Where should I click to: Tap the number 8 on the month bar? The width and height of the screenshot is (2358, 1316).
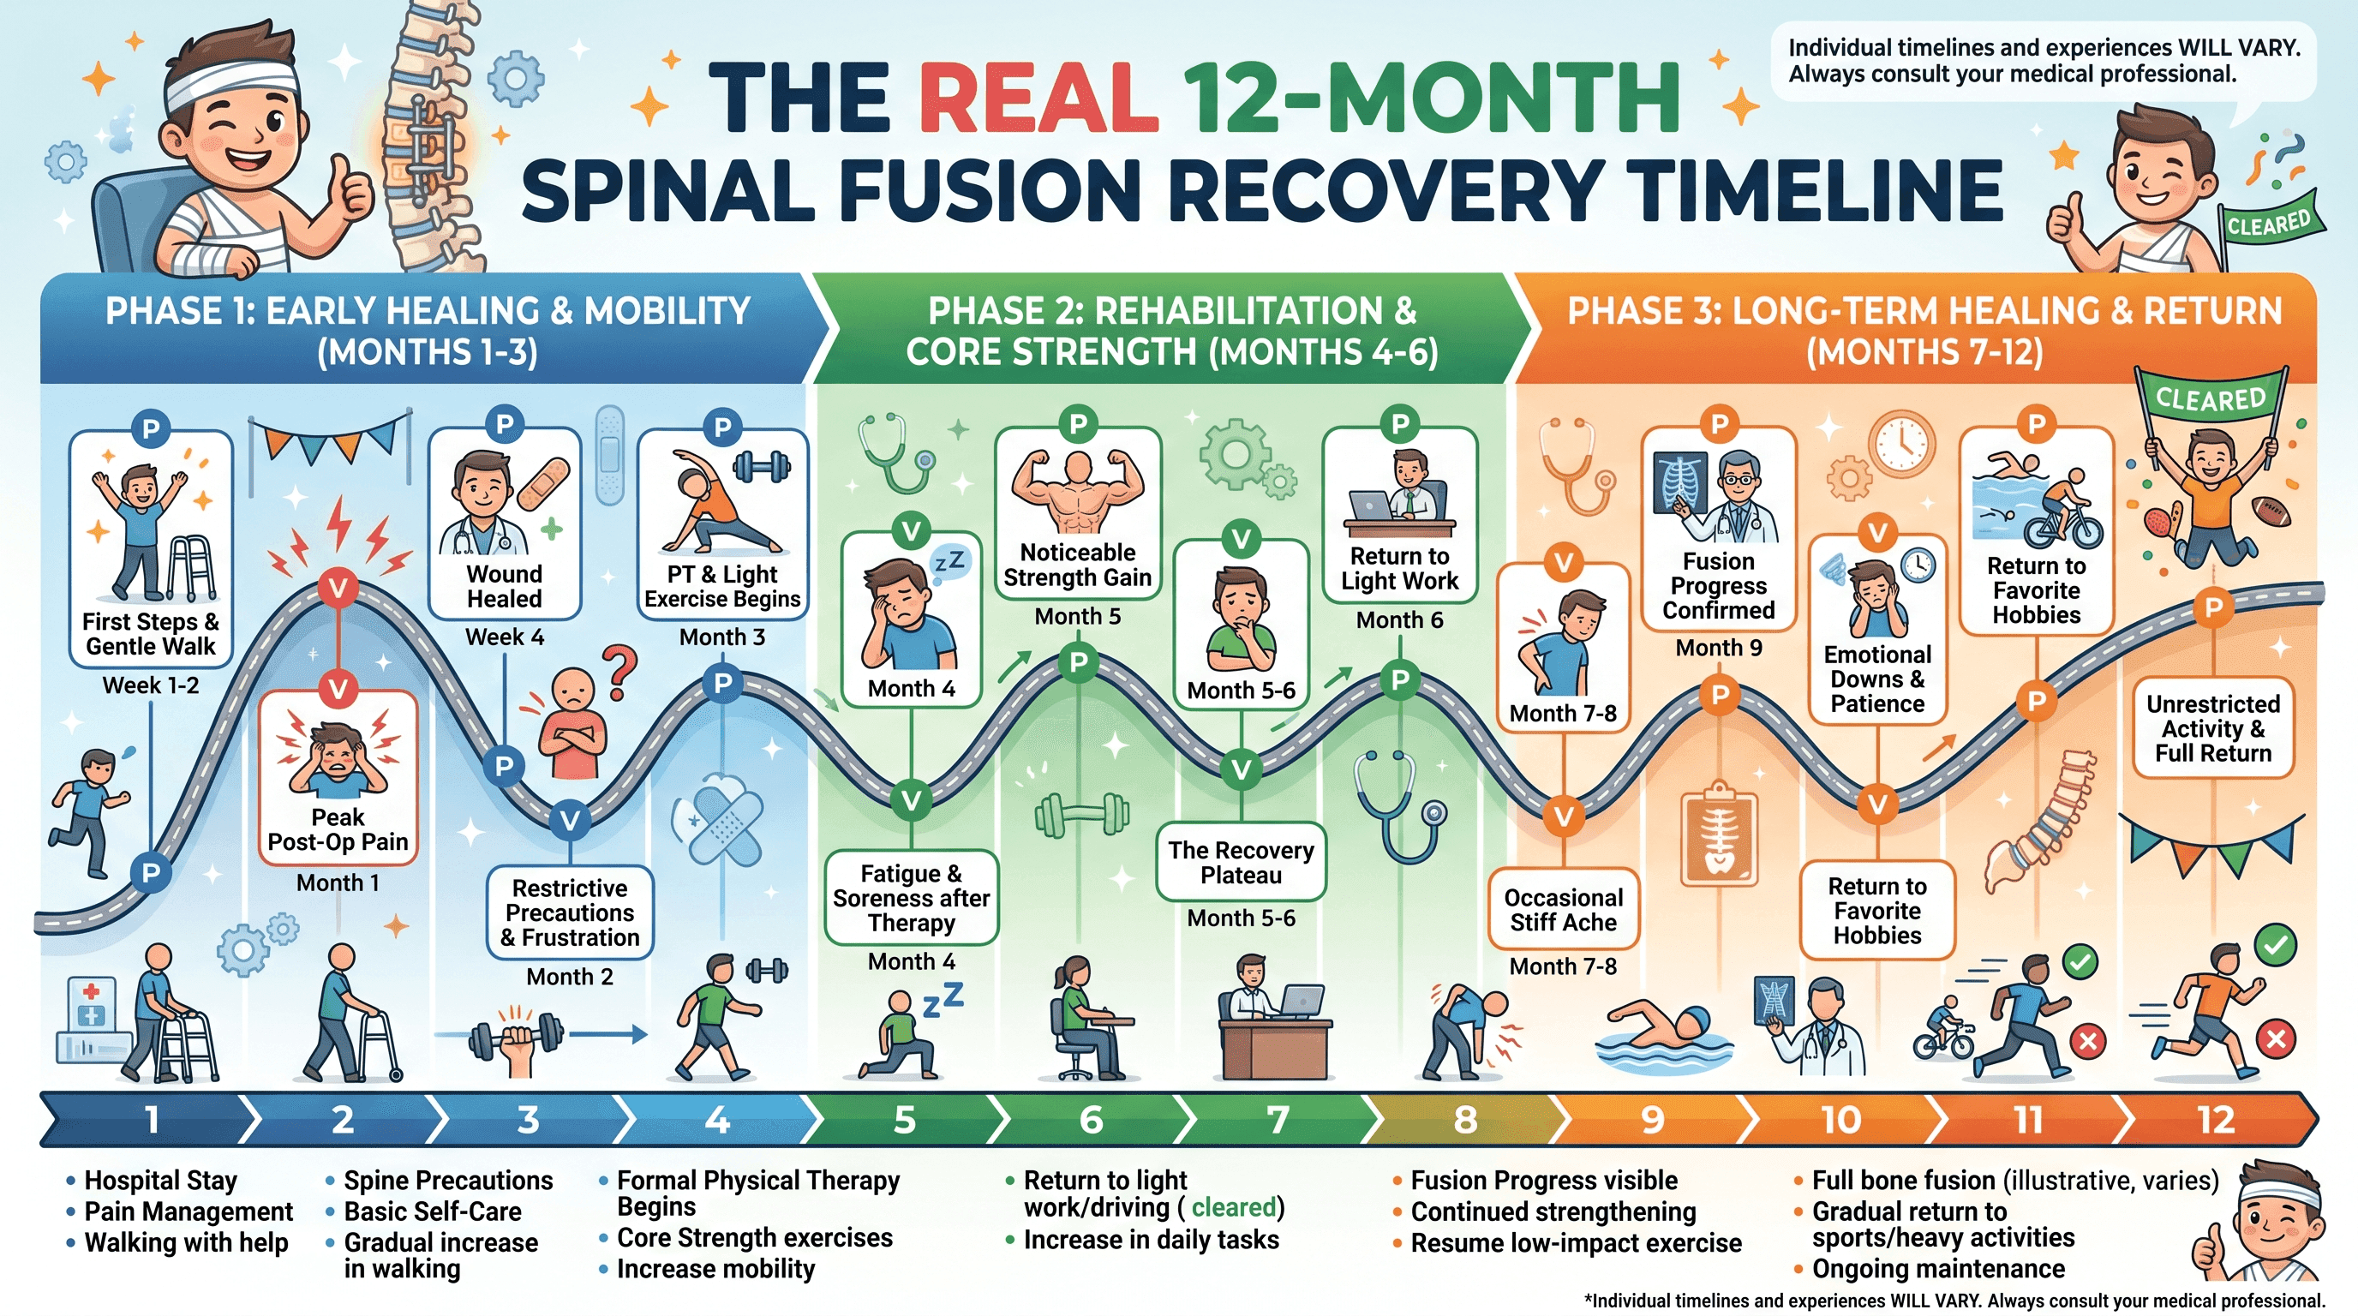(1465, 1119)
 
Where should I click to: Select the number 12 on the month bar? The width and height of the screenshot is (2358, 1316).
(2215, 1119)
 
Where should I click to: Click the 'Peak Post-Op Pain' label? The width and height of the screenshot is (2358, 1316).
(338, 829)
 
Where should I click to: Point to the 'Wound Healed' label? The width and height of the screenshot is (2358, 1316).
(505, 587)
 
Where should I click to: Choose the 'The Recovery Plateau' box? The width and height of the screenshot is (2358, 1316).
(1241, 862)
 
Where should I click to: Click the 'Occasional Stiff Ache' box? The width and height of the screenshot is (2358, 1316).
(1563, 910)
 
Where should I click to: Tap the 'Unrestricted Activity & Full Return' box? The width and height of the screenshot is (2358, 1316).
(2212, 728)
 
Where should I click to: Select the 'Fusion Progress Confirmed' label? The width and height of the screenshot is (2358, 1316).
(1718, 586)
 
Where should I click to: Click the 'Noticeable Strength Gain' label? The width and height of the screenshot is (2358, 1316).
(1077, 565)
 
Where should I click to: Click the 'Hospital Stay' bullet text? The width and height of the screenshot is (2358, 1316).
(160, 1181)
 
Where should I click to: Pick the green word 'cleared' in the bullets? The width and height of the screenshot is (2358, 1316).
(1233, 1207)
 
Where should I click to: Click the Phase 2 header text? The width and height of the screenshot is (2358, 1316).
(1171, 331)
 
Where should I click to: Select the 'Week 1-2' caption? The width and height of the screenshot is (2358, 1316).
(150, 685)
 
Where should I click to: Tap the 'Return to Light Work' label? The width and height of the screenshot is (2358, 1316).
(1399, 568)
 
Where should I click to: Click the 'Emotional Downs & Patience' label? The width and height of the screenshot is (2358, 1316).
(1876, 679)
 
